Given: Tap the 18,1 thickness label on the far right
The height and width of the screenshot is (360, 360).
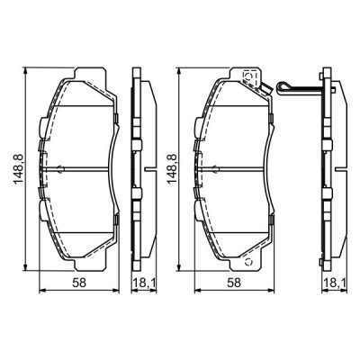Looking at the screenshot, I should (x=332, y=283).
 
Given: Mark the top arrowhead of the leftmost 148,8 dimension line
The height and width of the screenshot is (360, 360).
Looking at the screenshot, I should (x=23, y=69).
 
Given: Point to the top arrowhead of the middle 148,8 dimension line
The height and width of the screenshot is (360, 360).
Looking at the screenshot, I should (x=178, y=69).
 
